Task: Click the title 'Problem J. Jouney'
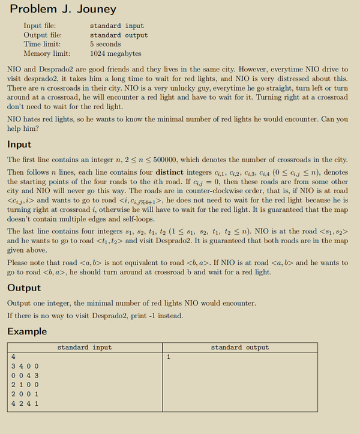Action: point(63,10)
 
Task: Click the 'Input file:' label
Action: point(41,26)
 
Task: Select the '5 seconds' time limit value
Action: point(105,44)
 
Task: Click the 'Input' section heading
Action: point(19,145)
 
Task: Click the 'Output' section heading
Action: point(24,288)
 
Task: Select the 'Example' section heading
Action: point(28,331)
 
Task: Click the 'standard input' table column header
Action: point(84,347)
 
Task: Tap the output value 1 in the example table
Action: point(169,357)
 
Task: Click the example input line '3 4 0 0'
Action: point(25,366)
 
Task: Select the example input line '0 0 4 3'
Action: point(25,375)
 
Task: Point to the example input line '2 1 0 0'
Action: point(25,385)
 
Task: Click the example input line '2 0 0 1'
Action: point(25,394)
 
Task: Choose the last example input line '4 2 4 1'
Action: point(25,403)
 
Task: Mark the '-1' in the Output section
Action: point(155,315)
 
